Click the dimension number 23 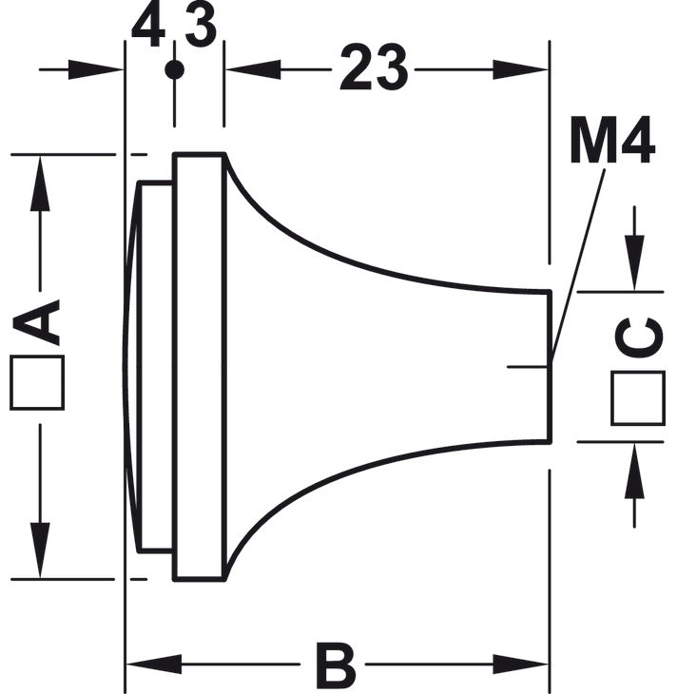pos(374,67)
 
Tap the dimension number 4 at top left pos(148,26)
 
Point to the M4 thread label pos(612,140)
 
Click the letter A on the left pos(36,322)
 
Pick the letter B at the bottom pos(336,665)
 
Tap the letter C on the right pos(639,337)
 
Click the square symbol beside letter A pos(37,382)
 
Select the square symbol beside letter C pos(638,398)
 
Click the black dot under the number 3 pos(174,69)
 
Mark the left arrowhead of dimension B pos(154,664)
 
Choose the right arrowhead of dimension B pos(521,664)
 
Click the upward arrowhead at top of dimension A pos(40,183)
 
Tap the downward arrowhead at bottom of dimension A pos(40,550)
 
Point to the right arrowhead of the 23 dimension pos(521,69)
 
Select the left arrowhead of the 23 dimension pos(253,69)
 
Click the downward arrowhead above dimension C pos(634,263)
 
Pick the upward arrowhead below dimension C pos(634,471)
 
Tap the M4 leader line pos(578,266)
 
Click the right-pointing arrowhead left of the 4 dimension pos(96,69)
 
